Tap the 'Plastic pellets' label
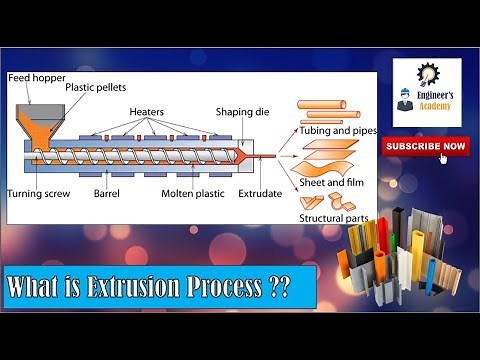(x=95, y=88)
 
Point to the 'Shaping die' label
(x=240, y=112)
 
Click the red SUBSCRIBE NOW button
(x=424, y=146)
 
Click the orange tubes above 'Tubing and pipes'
(x=322, y=108)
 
